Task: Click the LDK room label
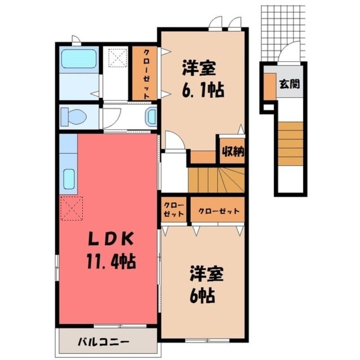click(111, 239)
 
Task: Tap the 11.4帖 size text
click(111, 261)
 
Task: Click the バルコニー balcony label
click(103, 343)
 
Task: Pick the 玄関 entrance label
click(289, 84)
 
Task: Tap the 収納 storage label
click(233, 152)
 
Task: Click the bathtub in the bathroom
click(79, 59)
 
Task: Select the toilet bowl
click(73, 117)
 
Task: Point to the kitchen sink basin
click(69, 179)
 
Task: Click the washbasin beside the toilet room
click(151, 117)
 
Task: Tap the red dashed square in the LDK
click(72, 208)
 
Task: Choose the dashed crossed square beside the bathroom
click(118, 58)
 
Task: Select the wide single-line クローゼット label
click(219, 211)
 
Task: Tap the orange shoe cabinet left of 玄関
click(270, 87)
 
